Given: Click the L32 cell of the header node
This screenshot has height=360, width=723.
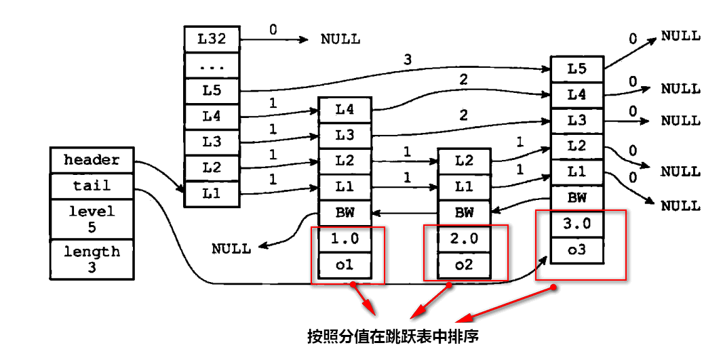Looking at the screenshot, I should (x=212, y=39).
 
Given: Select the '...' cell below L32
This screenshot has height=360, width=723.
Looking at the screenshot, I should (x=212, y=65).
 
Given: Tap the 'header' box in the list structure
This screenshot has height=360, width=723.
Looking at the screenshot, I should (x=92, y=160).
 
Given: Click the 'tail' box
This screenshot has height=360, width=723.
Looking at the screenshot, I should (x=92, y=186).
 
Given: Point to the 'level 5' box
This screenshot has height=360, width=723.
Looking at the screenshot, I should (x=92, y=219).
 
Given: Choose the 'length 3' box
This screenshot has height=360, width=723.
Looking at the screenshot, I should (x=92, y=259).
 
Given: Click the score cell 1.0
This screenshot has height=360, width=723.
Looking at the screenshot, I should (x=345, y=239).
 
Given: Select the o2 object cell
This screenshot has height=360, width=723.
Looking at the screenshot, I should (x=464, y=265).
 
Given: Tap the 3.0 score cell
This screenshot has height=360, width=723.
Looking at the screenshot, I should (x=577, y=224).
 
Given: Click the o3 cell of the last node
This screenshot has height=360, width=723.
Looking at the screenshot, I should (x=577, y=250).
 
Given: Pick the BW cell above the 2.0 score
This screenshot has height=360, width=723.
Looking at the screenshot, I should (x=464, y=213).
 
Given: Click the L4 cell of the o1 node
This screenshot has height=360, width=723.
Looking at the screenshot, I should (x=345, y=108).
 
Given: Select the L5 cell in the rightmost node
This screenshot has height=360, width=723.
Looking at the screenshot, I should (x=577, y=68).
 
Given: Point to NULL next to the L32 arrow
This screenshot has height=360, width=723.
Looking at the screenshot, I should (x=340, y=39).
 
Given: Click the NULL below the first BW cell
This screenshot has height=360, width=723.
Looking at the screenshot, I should (x=231, y=249).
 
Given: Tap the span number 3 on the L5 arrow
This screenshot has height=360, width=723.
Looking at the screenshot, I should (x=407, y=60).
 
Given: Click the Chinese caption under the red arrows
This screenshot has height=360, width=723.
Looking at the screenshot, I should (x=393, y=336).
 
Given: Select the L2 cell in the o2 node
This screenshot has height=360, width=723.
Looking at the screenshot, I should (x=464, y=161).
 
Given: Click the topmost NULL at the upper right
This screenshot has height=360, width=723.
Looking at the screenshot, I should (x=681, y=35).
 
